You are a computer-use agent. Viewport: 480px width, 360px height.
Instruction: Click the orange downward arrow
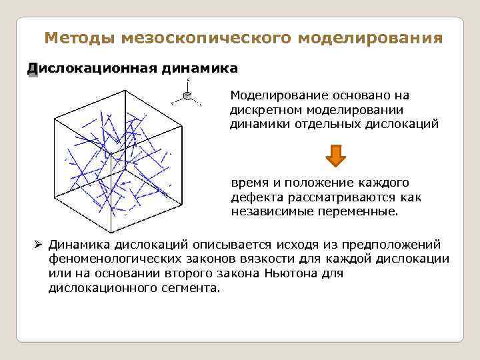tap(335, 155)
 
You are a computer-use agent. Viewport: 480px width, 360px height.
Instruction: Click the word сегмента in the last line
tap(191, 289)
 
